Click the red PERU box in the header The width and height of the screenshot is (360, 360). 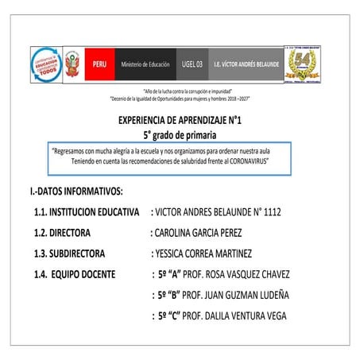point(99,63)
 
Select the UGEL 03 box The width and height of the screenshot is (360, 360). point(192,63)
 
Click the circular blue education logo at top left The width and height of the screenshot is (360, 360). point(47,63)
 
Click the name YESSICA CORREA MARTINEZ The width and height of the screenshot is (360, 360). point(203,254)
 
